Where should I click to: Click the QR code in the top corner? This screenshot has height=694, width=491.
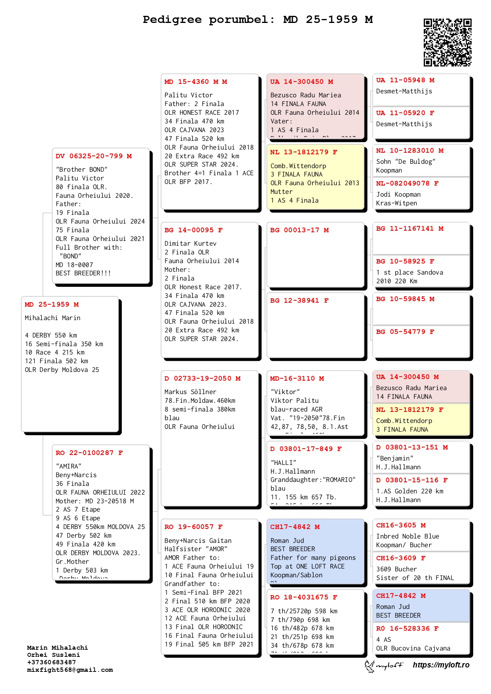click(x=447, y=42)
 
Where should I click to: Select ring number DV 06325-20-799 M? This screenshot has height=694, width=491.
click(x=94, y=156)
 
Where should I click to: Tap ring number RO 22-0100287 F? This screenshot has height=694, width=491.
click(x=89, y=453)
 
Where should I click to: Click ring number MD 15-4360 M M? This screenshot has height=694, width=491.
click(x=196, y=82)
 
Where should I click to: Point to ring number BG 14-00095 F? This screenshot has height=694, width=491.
click(x=193, y=230)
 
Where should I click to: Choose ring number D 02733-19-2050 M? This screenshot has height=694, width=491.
click(x=203, y=379)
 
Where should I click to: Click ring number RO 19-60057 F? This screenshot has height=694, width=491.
click(x=193, y=527)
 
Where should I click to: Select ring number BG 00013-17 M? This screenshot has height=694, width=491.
click(x=300, y=230)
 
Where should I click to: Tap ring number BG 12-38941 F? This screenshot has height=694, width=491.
click(x=300, y=301)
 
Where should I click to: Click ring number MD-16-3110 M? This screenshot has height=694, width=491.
click(x=297, y=379)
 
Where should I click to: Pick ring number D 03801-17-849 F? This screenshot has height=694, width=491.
click(x=306, y=449)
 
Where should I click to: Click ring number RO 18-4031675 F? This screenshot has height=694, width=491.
click(x=304, y=597)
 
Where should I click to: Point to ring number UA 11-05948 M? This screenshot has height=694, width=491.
click(x=405, y=80)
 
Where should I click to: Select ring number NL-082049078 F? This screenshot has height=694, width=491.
click(x=407, y=184)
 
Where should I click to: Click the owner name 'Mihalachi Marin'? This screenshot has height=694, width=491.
click(x=53, y=318)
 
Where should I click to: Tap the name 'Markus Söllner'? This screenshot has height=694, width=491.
click(x=190, y=392)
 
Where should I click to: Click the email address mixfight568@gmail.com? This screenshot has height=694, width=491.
click(x=70, y=670)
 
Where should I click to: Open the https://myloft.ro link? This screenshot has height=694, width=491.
click(x=441, y=665)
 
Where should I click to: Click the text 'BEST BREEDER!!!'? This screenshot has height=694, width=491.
click(x=83, y=273)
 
